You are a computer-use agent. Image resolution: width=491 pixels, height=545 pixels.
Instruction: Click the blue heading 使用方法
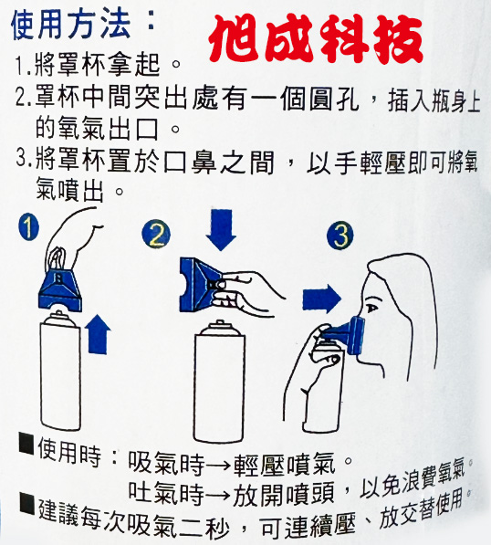point(70,26)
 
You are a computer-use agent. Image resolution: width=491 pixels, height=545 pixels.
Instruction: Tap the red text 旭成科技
point(316,39)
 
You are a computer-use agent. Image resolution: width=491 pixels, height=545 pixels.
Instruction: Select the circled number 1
point(28,226)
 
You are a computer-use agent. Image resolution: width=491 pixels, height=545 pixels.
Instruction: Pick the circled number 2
point(156,234)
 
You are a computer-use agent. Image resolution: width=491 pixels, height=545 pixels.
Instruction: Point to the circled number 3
point(340,235)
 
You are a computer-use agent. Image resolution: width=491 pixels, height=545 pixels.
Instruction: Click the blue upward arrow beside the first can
point(98,334)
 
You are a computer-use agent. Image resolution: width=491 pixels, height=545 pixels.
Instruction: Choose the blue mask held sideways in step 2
point(201,284)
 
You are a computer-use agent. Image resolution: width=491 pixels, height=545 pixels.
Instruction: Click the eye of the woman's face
point(371,308)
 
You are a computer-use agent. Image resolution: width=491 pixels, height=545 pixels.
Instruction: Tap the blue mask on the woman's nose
point(347,335)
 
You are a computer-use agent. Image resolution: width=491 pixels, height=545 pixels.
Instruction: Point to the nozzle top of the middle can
point(219,324)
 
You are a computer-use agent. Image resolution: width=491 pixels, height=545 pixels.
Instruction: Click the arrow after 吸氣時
point(218,465)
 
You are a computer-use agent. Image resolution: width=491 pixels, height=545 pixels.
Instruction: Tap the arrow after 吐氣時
point(218,495)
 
